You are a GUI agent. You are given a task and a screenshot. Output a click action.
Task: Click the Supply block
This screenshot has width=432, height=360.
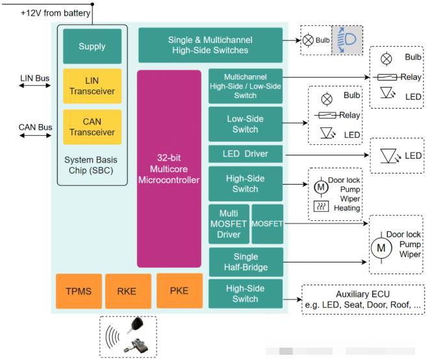(x=92, y=46)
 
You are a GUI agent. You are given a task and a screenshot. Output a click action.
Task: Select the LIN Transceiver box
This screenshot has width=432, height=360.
(x=92, y=86)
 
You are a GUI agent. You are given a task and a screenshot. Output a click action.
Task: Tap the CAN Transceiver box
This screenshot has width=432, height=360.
(x=92, y=127)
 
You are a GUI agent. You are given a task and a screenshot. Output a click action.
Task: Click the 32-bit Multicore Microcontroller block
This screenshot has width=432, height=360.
(x=169, y=169)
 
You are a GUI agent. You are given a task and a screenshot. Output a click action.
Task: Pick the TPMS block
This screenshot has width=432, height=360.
(x=79, y=291)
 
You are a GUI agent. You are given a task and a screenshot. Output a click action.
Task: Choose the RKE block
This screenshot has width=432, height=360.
(x=126, y=291)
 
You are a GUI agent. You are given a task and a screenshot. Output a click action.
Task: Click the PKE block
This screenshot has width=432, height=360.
(x=179, y=290)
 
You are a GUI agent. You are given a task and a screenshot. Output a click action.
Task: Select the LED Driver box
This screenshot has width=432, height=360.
(x=246, y=155)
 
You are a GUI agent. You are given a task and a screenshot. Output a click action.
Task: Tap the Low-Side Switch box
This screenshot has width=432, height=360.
(x=246, y=124)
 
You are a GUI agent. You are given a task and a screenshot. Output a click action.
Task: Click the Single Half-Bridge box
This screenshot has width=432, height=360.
(x=246, y=262)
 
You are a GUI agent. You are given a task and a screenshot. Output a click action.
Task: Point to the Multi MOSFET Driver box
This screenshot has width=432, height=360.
(x=229, y=224)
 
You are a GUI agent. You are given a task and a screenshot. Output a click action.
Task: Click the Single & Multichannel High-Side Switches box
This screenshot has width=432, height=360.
(x=210, y=45)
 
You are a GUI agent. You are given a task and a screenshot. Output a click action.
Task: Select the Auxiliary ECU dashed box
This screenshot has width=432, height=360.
(x=363, y=300)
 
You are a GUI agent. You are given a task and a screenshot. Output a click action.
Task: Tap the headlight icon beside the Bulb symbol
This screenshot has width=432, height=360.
(x=347, y=40)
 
